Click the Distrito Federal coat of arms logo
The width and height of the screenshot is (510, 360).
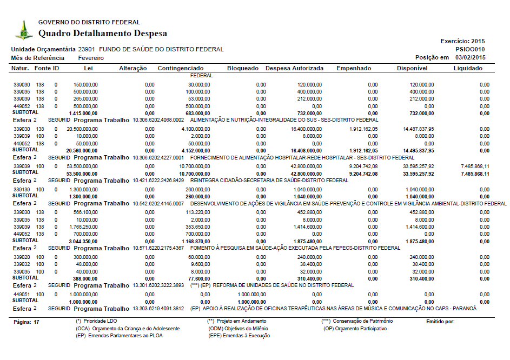pos(23,30)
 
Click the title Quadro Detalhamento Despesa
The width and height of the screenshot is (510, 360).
pos(103,34)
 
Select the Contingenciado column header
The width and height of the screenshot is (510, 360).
pos(181,69)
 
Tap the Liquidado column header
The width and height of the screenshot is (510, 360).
pos(468,69)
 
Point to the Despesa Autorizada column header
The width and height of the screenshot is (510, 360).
pos(294,69)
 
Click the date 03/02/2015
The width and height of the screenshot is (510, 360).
pos(471,57)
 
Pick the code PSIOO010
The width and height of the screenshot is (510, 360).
pos(471,49)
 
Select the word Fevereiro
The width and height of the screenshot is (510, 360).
pos(91,58)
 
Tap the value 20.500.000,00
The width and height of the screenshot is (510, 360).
pos(82,130)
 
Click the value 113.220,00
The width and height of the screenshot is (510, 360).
pos(197,212)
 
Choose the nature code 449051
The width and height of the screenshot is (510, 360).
pos(22,295)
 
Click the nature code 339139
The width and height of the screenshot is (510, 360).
pos(22,190)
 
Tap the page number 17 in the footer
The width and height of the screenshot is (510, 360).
pos(36,322)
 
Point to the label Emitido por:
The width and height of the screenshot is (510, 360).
pos(441,322)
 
